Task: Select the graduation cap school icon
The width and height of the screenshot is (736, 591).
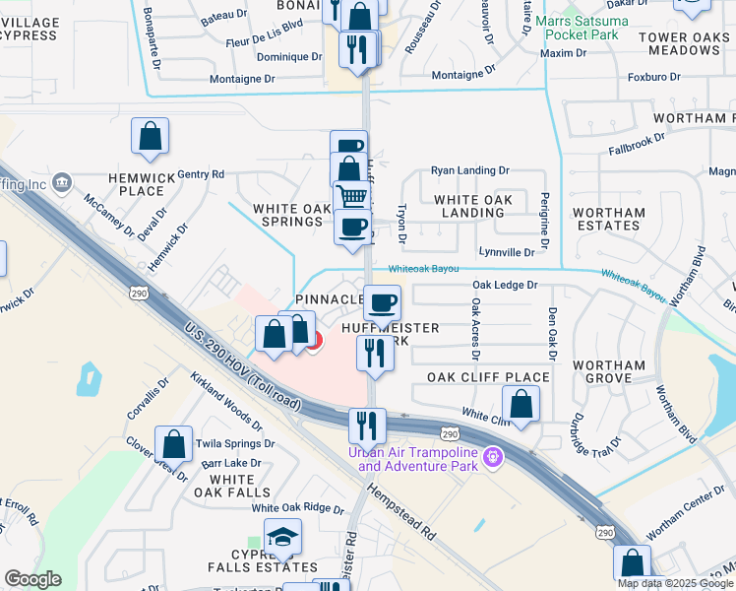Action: tap(282, 537)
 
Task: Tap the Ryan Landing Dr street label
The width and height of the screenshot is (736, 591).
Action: tap(469, 170)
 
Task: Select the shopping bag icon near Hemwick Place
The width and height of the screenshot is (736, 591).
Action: tap(150, 137)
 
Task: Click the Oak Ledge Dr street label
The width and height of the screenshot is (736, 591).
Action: tap(505, 286)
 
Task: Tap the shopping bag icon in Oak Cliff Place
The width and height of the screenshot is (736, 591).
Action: tap(521, 403)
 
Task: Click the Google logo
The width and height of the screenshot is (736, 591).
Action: tap(32, 578)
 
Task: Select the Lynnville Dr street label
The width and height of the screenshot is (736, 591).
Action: tap(506, 253)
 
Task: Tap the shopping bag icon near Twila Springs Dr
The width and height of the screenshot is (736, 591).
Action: tap(174, 444)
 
